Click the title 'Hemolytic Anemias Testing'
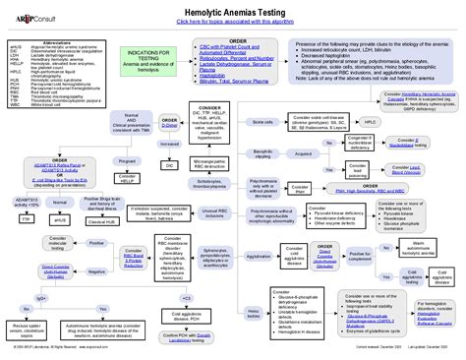click(x=233, y=9)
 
